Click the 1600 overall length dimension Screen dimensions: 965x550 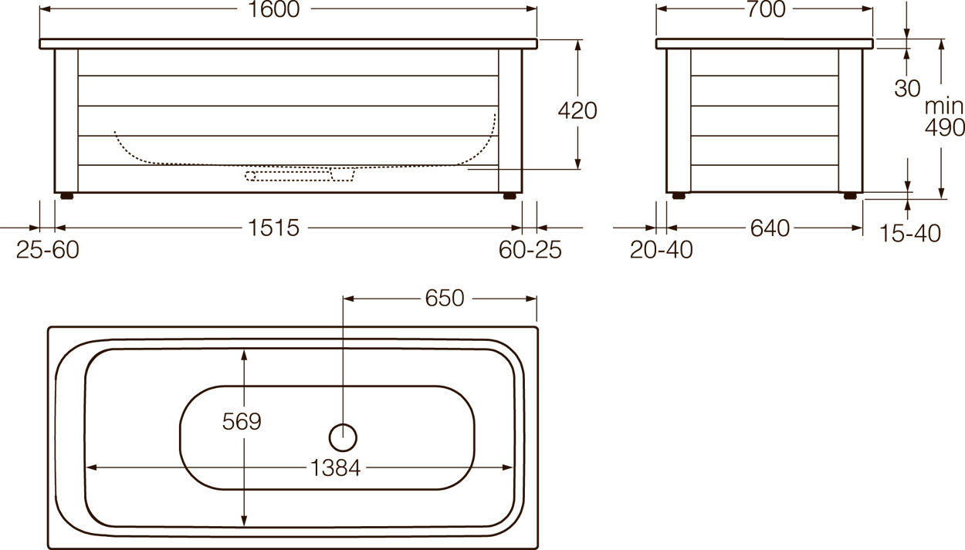(x=274, y=9)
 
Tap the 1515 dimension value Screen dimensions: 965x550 (x=273, y=228)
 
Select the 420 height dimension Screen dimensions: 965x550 (x=577, y=110)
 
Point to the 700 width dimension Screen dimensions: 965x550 (x=766, y=9)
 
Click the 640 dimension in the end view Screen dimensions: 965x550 (x=770, y=228)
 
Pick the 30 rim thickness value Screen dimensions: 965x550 (x=907, y=88)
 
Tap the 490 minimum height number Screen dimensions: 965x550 (x=945, y=127)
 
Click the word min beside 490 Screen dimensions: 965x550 (x=943, y=106)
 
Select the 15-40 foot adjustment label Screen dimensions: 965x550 (x=909, y=234)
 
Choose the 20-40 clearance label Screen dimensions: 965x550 (x=662, y=250)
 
